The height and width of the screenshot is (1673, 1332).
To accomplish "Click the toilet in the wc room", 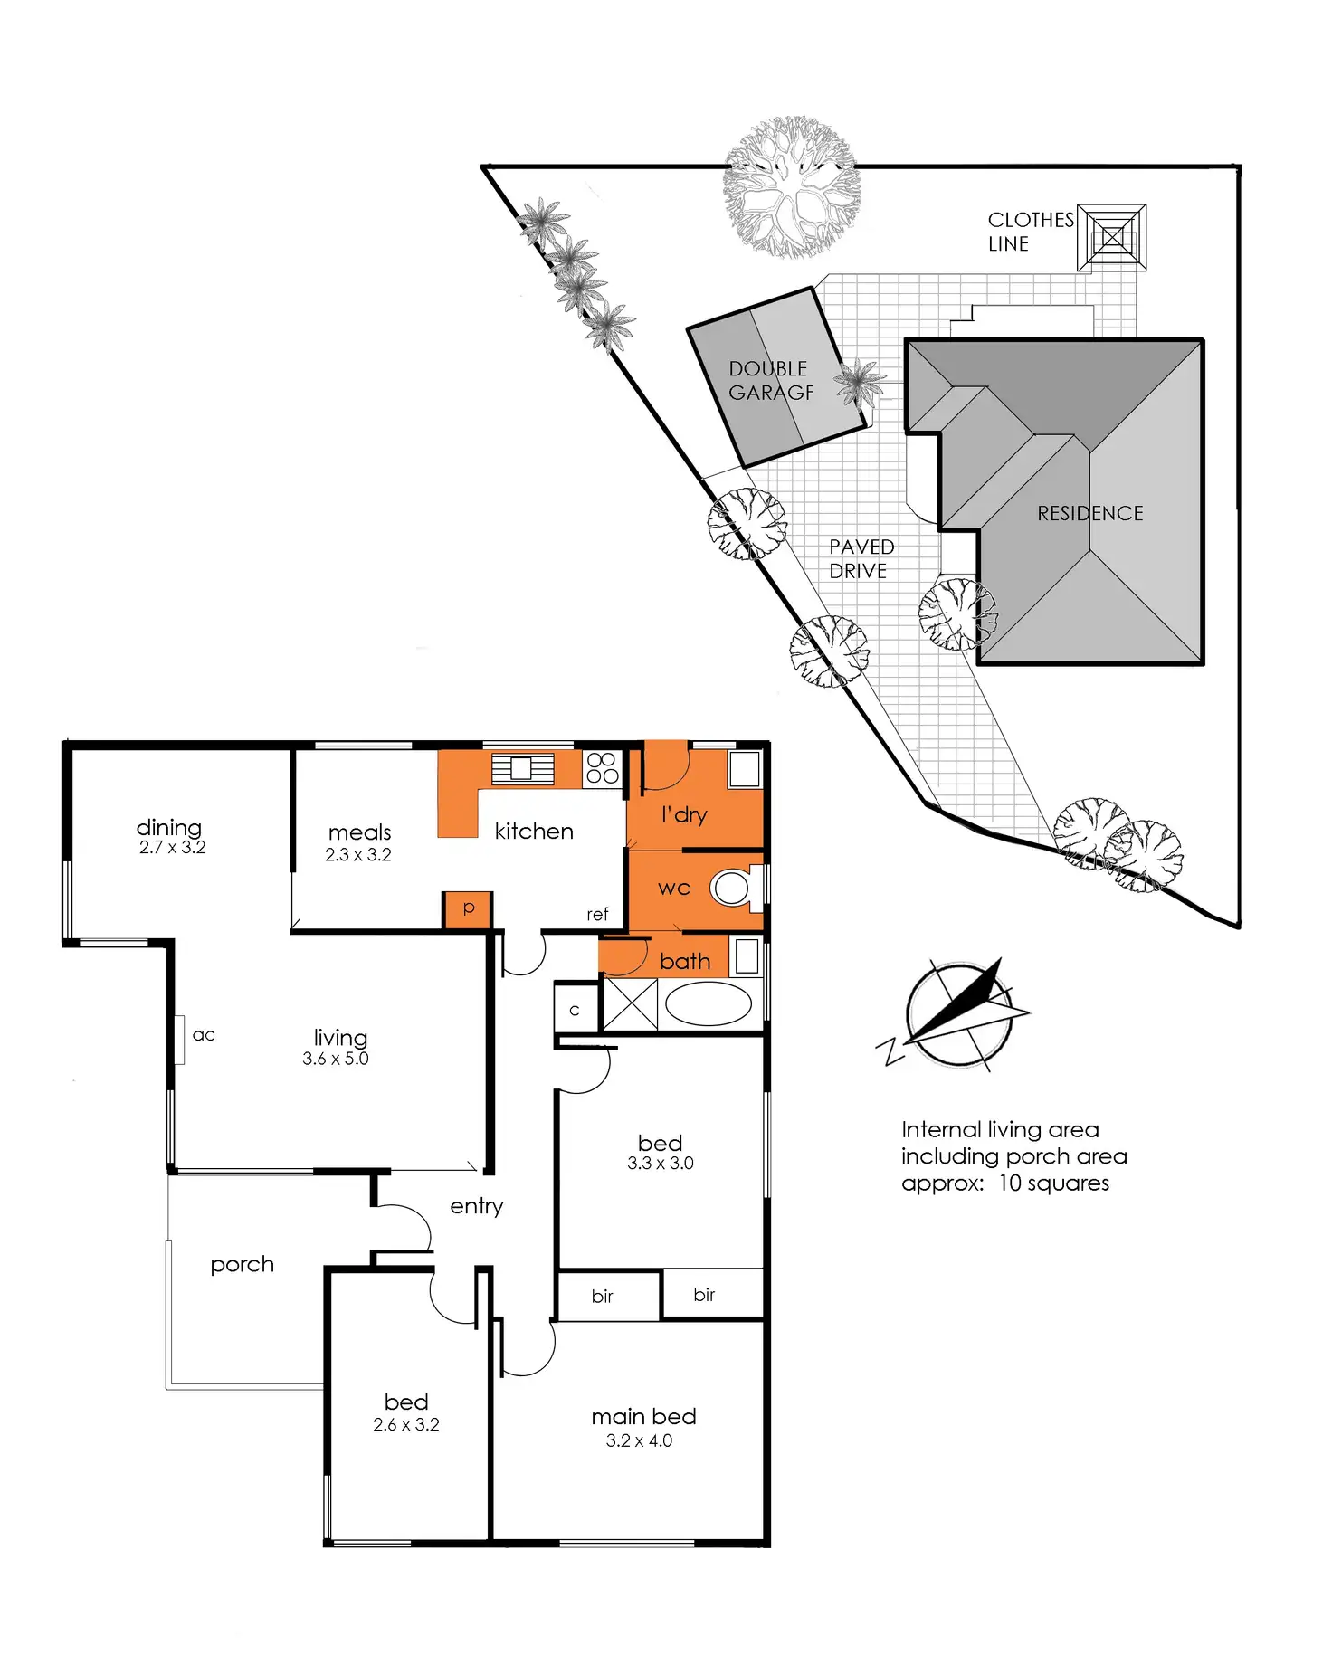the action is coord(731,888).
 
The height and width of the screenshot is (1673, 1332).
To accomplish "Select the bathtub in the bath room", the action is coord(709,1003).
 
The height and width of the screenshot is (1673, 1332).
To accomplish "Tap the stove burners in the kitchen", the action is coord(602,768).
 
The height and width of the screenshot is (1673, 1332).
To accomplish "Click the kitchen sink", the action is coord(521,769).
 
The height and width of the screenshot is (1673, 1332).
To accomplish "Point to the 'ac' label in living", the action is coord(204,1035).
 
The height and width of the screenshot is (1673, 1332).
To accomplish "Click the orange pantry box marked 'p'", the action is coord(468,908).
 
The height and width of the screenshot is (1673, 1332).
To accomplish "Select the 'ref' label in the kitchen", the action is coord(597,915).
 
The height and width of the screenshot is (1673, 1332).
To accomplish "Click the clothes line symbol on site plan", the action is coord(1112,238).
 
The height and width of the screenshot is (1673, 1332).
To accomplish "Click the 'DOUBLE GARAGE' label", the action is coord(771,381).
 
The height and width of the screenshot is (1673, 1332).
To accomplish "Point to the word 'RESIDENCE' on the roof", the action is coord(1089,514).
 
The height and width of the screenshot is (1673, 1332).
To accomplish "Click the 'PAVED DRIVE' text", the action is coord(861,559).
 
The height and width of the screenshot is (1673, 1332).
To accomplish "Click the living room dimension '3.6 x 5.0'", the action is coord(336,1059).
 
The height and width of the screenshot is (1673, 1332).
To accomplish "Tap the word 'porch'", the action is coord(242,1265).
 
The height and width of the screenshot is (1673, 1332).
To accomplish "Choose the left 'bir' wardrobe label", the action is coord(602,1297).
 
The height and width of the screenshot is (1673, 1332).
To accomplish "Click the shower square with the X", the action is coord(630,1003).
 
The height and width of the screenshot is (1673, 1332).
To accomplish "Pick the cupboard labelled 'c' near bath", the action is coord(575,1009).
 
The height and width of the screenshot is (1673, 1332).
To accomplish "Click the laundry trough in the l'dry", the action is coord(745,768).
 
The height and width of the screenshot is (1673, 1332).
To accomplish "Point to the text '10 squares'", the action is coord(1053,1183).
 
